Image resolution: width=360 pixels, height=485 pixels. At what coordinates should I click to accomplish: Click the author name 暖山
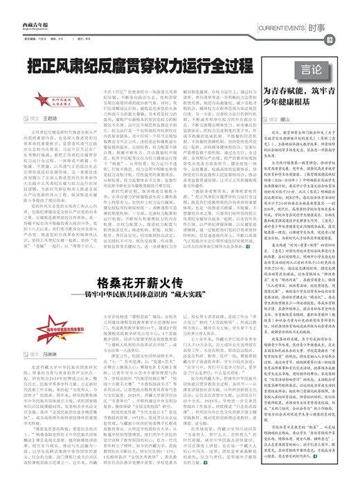[285, 118]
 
